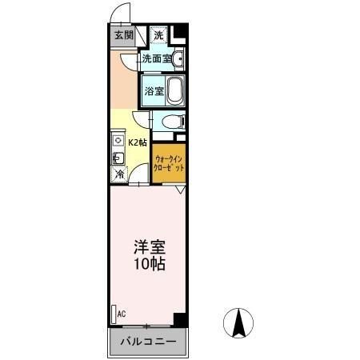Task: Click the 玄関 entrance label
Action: tap(123, 35)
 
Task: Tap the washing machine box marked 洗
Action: tap(158, 35)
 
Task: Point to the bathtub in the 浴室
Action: tap(176, 90)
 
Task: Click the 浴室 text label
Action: tap(154, 91)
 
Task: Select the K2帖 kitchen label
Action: tap(138, 143)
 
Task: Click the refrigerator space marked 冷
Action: tap(119, 174)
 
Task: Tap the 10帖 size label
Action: tap(149, 264)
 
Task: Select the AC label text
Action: tap(122, 314)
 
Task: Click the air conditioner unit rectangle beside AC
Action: tap(114, 314)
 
